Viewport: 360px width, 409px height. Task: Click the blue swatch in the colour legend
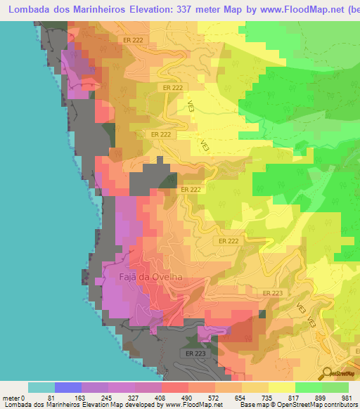pyautogui.click(x=68, y=387)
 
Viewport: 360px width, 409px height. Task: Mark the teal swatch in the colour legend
pyautogui.click(x=41, y=387)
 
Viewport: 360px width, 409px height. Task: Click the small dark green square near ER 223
pyautogui.click(x=262, y=314)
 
